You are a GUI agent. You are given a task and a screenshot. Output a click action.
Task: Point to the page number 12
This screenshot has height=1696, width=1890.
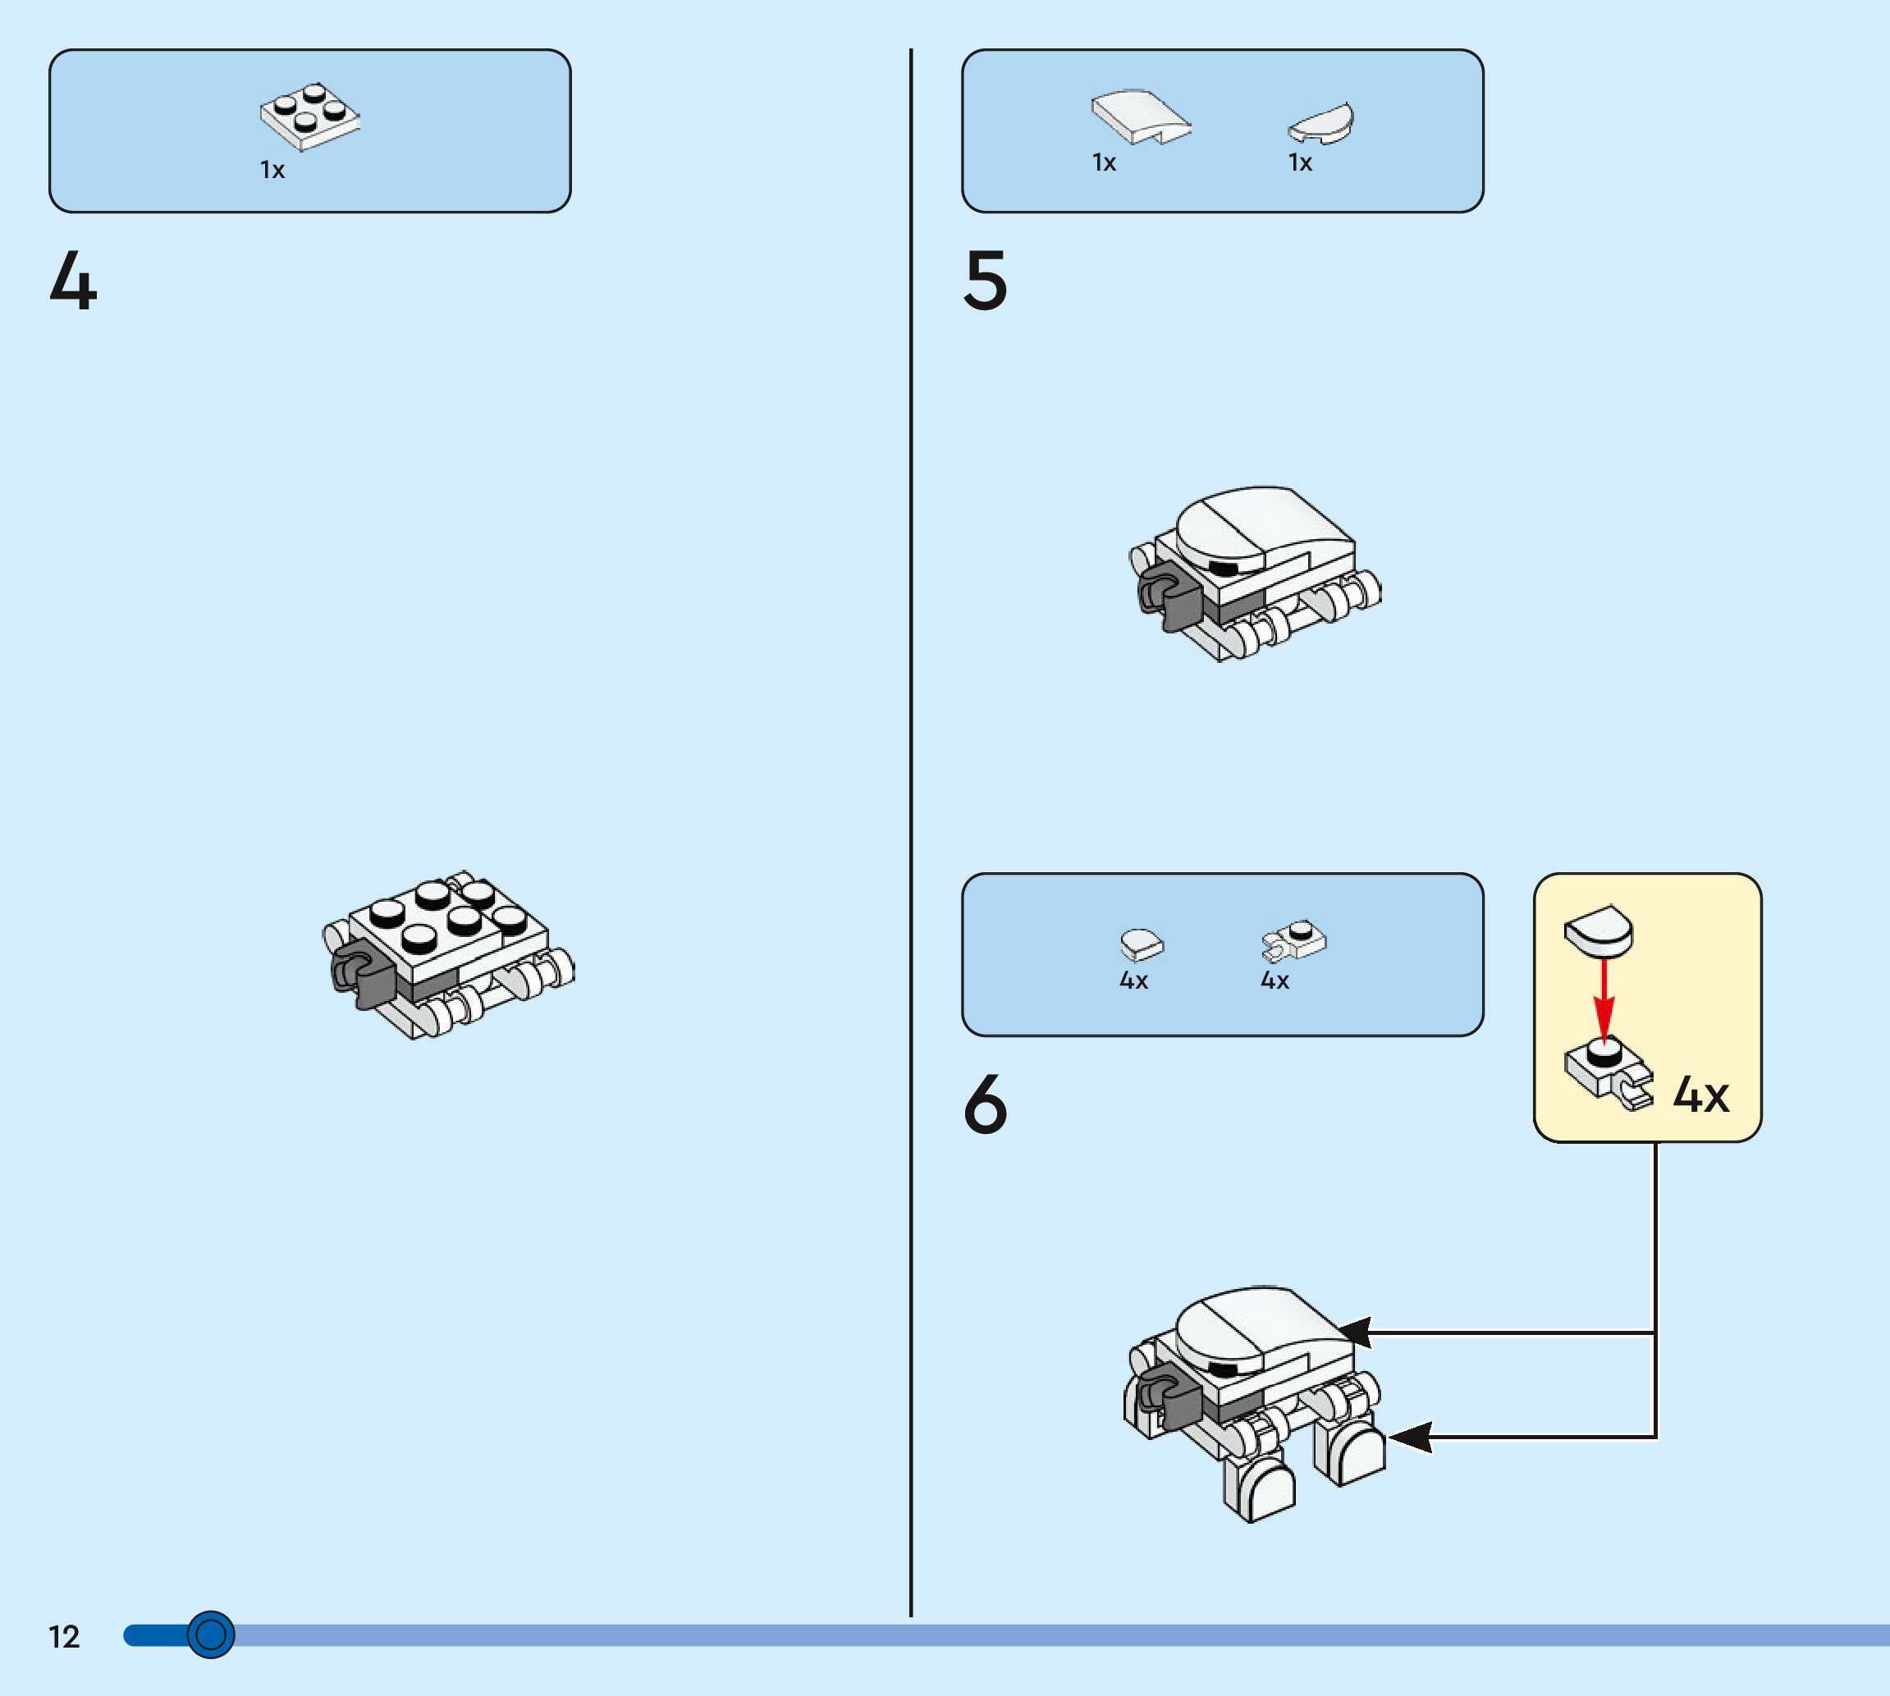pos(64,1636)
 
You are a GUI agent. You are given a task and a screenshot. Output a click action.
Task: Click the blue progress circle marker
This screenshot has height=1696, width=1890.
pos(211,1634)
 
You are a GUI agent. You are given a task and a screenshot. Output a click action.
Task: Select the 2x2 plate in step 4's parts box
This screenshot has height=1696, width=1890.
pos(309,117)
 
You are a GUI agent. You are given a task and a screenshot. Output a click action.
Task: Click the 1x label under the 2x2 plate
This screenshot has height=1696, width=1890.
pos(272,170)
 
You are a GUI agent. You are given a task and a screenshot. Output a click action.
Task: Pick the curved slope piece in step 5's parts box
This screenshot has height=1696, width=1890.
pos(1140,117)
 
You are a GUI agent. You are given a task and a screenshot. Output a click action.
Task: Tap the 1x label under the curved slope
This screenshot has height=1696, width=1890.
pos(1104,163)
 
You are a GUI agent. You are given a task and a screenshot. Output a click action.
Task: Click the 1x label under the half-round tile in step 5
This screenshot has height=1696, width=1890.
pos(1300,163)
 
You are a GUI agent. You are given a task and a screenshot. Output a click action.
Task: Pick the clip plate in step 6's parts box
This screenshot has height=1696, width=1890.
pos(1293,942)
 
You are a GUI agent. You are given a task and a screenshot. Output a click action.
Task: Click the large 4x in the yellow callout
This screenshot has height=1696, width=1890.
pos(1700,1094)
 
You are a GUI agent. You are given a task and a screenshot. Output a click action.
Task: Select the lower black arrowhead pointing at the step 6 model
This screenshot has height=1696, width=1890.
pos(1410,1437)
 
